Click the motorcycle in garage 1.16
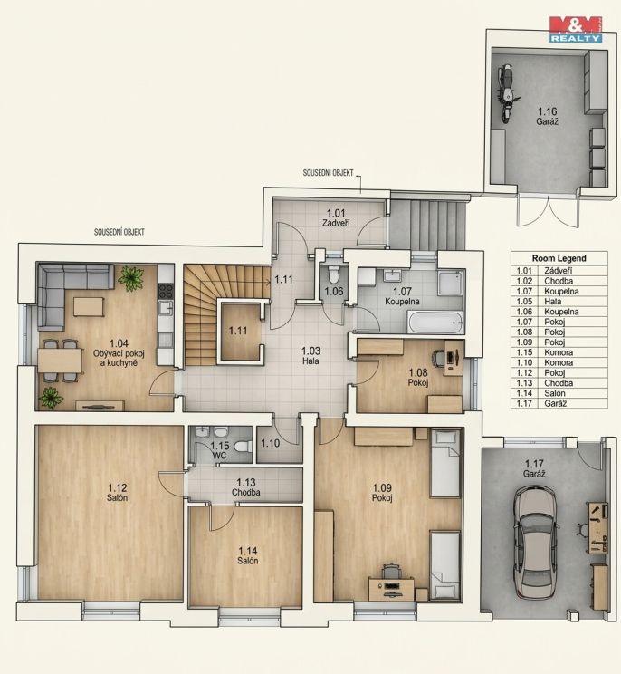pos(507,93)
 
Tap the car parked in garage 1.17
pos(537,542)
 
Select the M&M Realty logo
pos(576,29)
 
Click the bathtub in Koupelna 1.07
pos(435,322)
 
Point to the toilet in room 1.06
pos(334,274)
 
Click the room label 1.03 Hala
pos(310,356)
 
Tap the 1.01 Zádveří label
pos(336,217)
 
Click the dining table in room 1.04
pos(60,360)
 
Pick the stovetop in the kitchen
pos(166,291)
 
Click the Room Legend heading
pos(559,258)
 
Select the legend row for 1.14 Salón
pos(559,393)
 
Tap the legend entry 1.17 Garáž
pos(559,404)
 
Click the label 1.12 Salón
pos(118,493)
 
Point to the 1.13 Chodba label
pos(246,487)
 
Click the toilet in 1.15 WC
pos(244,446)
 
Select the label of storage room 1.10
pos(271,443)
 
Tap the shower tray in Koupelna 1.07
pos(450,284)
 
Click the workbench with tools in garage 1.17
pos(598,527)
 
